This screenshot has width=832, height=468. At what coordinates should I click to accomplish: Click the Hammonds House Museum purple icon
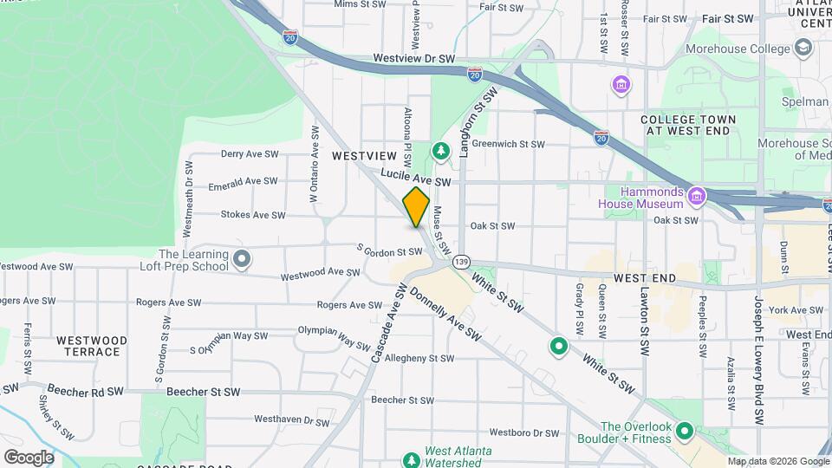695,198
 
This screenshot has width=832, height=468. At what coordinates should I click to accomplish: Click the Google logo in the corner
29,458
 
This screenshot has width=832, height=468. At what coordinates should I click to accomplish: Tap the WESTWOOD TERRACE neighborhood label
91,347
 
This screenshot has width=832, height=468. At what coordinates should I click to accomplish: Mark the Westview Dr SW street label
414,59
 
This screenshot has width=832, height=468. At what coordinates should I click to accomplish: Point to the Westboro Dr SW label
524,432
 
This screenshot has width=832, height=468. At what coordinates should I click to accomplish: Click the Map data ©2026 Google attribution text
777,461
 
